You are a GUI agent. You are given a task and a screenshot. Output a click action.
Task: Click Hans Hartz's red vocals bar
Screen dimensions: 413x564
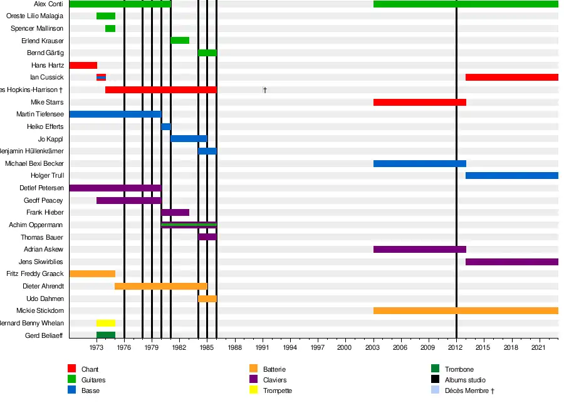tap(83, 65)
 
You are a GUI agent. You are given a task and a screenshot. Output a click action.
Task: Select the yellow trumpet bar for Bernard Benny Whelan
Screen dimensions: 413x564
tap(105, 323)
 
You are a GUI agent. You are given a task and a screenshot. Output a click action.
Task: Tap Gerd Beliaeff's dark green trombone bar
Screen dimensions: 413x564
tap(105, 335)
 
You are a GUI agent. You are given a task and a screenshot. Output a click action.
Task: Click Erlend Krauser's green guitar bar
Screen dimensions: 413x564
tap(180, 41)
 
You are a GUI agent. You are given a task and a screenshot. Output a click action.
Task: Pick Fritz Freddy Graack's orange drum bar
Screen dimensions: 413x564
tap(92, 273)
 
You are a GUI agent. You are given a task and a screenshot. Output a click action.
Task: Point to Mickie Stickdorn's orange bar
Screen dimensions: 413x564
tap(465, 310)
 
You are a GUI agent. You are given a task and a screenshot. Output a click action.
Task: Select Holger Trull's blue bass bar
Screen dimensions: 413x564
tap(511, 175)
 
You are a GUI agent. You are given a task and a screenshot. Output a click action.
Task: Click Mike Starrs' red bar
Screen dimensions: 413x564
tap(419, 102)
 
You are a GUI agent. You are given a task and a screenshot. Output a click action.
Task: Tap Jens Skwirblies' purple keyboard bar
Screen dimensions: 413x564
tap(511, 262)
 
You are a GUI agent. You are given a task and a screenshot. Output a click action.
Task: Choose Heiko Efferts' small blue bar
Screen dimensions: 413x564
tap(166, 126)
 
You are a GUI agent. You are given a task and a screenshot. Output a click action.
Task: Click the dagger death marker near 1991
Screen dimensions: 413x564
tap(265, 90)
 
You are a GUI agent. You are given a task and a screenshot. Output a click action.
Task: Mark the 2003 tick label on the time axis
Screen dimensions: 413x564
tap(373, 347)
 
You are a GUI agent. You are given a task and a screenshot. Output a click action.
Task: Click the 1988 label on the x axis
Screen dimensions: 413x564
tap(234, 347)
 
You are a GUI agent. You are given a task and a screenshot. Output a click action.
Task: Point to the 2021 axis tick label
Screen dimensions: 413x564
tap(539, 347)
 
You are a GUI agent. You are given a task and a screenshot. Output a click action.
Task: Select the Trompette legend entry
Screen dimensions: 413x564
tap(277, 390)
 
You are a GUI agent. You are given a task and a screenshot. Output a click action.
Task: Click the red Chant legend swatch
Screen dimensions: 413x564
tap(72, 369)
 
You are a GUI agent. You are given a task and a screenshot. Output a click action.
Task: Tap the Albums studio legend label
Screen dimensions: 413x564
tap(465, 380)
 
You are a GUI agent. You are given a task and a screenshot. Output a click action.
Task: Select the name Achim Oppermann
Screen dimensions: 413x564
tap(36, 225)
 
